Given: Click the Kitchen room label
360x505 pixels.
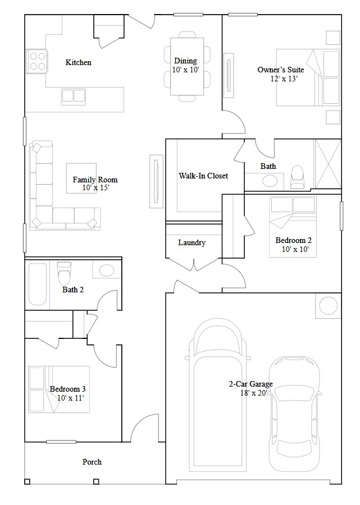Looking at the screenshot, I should [78, 62].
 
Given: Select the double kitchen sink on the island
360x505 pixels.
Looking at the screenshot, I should [74, 96].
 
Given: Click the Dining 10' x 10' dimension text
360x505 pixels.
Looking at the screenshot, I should [185, 70].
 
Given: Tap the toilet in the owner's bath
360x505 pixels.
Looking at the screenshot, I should [297, 176].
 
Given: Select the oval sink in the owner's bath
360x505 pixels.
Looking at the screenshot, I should [271, 181].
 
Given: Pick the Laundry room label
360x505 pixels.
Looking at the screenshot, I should [192, 242].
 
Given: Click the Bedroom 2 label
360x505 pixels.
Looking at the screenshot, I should [293, 241].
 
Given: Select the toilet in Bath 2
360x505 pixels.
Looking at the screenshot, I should [64, 273].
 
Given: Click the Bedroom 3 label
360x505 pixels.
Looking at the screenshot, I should [67, 389].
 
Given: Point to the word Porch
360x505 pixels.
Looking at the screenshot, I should [92, 462].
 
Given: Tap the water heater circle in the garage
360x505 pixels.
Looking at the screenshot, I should [328, 306].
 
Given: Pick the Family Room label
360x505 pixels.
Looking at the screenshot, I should [95, 180].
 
